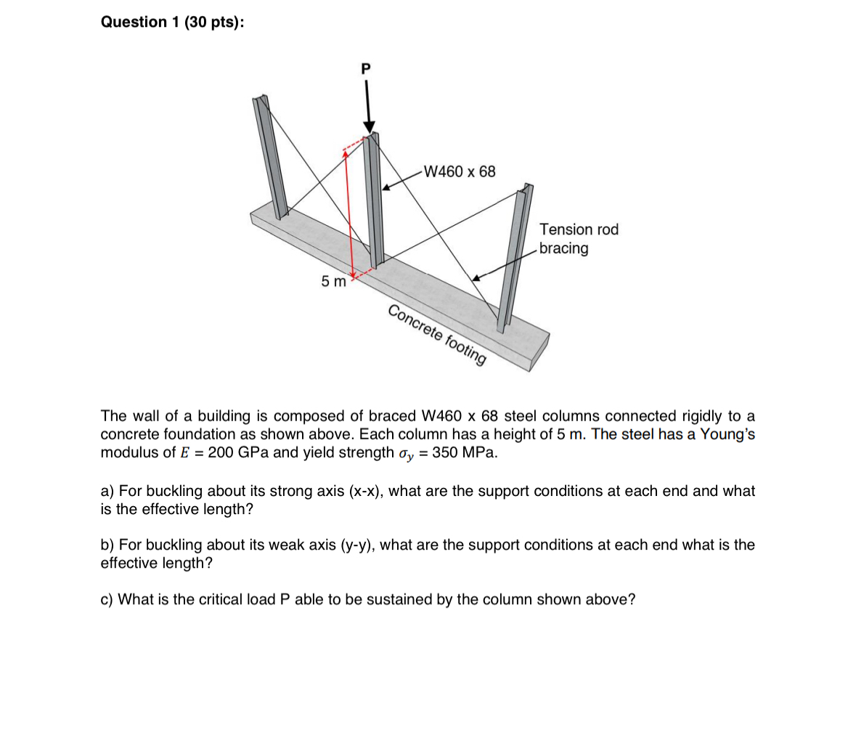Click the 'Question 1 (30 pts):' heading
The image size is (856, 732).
tap(172, 23)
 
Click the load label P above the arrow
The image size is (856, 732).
tap(365, 69)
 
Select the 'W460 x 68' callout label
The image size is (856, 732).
tap(460, 172)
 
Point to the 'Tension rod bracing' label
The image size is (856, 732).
tap(579, 239)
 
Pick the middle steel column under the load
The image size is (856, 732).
tap(375, 203)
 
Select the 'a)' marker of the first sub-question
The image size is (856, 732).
tap(107, 491)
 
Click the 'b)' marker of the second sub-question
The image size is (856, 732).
tap(107, 545)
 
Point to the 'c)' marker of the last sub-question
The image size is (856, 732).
tap(107, 599)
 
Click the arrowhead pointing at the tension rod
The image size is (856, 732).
tap(476, 277)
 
